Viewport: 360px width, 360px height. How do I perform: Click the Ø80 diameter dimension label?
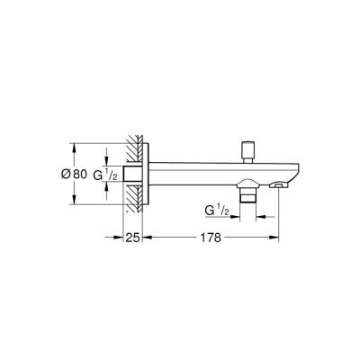point(88,173)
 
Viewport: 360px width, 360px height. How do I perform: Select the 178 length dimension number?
point(212,239)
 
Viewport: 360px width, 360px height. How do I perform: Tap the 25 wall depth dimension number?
point(132,239)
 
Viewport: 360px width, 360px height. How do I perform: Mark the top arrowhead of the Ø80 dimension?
point(73,144)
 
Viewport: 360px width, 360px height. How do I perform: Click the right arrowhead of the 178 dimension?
point(277,239)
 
